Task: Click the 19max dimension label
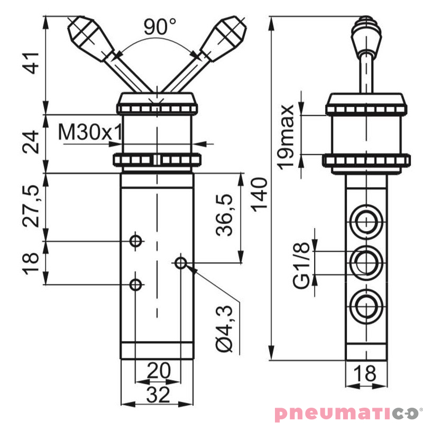287,136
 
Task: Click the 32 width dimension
157,394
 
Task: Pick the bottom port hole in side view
364,305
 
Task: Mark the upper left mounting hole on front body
136,242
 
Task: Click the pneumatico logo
346,412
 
